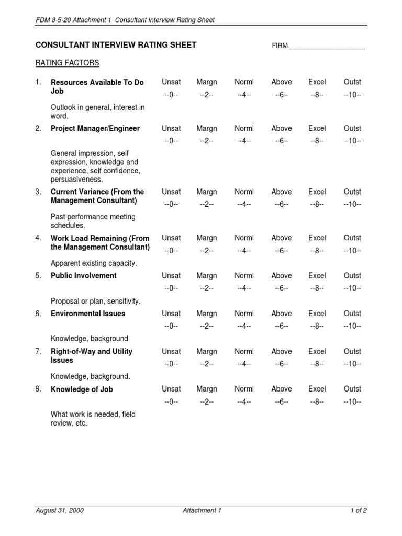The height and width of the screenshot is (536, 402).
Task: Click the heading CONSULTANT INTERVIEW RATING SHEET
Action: (x=116, y=45)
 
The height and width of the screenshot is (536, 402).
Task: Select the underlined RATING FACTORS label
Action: (x=67, y=63)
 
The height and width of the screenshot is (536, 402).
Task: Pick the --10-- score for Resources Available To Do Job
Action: (x=352, y=95)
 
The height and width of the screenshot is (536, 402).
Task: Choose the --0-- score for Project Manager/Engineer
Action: (x=171, y=141)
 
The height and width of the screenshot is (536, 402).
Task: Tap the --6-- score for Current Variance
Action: (x=282, y=204)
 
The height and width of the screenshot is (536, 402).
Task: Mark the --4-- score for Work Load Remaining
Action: (x=244, y=251)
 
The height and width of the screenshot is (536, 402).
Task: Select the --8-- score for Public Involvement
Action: (x=317, y=288)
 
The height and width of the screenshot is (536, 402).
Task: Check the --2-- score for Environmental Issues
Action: (x=207, y=326)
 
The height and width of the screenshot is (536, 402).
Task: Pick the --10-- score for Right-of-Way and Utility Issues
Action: (x=352, y=364)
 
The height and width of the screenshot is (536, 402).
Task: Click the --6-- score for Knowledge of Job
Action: (x=282, y=401)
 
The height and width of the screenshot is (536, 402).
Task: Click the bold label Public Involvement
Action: (x=84, y=276)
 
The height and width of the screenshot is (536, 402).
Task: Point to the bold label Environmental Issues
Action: (x=87, y=314)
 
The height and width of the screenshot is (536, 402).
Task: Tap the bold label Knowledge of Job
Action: (x=82, y=389)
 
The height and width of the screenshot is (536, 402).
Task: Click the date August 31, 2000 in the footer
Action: (x=59, y=511)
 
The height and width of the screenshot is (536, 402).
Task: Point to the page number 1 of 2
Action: (x=359, y=511)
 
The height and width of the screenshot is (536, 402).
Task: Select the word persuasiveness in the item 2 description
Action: (x=77, y=180)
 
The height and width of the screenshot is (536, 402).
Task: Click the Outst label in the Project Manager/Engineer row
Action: (x=352, y=129)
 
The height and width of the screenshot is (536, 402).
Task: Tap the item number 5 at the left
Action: (x=38, y=276)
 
